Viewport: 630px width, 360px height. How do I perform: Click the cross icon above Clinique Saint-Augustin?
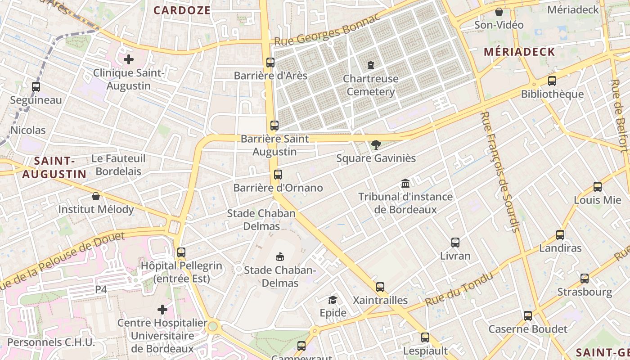pos(129,59)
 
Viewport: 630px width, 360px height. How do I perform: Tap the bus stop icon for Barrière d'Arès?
pos(270,63)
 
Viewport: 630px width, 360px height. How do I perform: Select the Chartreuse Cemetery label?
pos(370,85)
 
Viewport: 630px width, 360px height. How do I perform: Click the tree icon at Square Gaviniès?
pos(376,145)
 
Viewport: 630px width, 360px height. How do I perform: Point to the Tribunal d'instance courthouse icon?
pos(405,184)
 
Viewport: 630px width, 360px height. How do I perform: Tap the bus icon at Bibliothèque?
pos(552,81)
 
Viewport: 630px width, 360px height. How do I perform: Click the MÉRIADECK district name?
pos(519,52)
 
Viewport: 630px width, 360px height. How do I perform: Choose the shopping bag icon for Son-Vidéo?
pos(499,12)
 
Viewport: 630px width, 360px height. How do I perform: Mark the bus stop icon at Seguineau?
pos(36,87)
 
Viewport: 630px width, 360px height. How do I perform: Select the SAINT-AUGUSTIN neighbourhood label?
pos(54,167)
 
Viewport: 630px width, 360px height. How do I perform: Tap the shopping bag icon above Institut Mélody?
pos(96,196)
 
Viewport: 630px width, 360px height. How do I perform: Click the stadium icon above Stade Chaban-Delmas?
pos(280,257)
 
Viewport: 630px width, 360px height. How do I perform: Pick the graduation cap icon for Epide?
pos(333,300)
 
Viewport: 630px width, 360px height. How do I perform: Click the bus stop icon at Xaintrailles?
pos(380,287)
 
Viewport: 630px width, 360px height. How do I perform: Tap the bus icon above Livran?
pos(455,243)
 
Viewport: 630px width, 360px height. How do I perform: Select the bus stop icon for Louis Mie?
pos(598,187)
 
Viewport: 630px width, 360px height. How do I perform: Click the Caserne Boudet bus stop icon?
pos(528,316)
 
